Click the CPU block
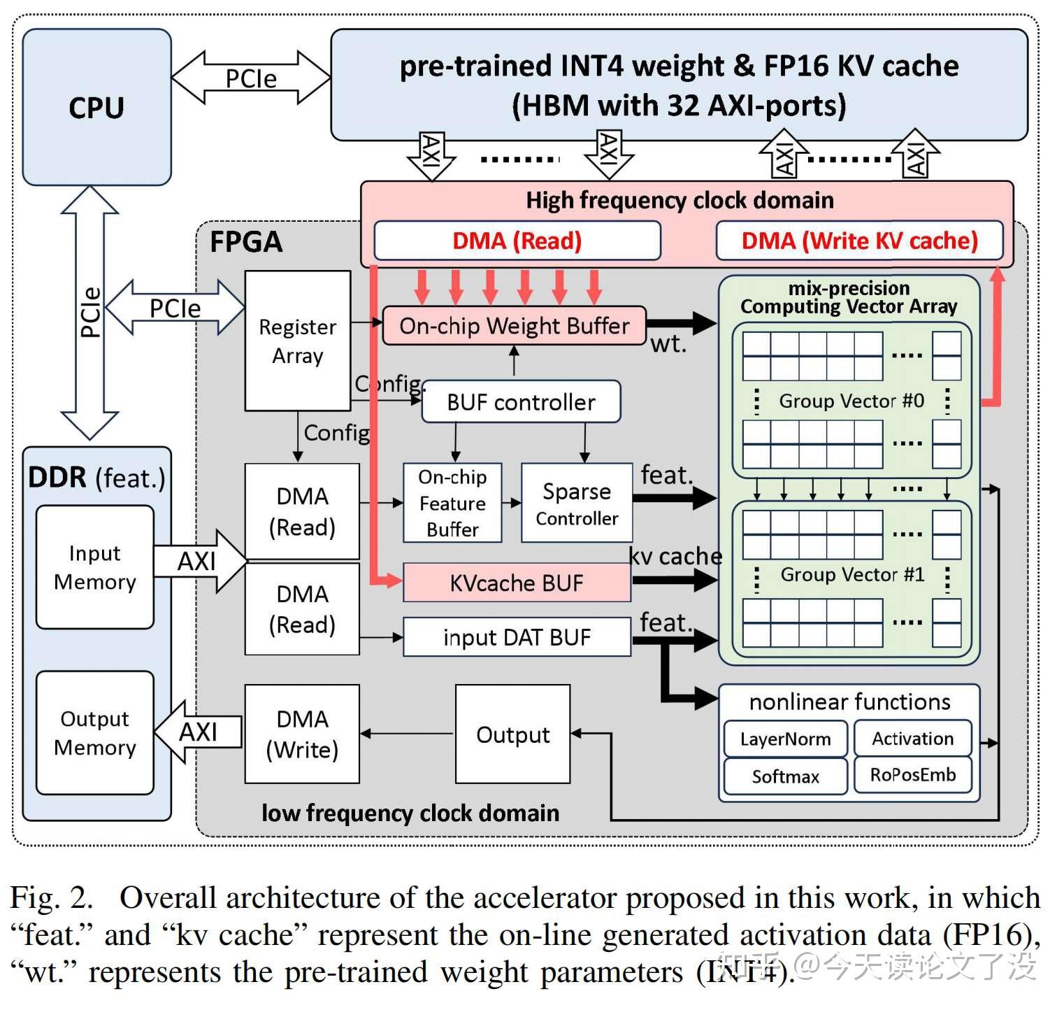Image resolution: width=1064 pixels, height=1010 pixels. click(96, 107)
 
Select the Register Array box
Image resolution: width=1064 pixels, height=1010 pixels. click(297, 341)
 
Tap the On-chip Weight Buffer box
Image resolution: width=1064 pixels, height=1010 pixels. click(514, 326)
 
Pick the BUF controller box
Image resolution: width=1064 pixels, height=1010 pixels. click(521, 402)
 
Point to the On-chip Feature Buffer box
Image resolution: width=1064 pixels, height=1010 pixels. click(452, 503)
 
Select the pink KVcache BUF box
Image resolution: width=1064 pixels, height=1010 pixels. click(517, 583)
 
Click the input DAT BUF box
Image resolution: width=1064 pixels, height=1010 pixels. click(517, 637)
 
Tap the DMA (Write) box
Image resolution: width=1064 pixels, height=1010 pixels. click(302, 734)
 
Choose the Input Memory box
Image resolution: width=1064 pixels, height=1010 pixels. click(95, 567)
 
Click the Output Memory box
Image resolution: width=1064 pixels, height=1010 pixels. click(95, 733)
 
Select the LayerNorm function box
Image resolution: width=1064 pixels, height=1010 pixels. click(785, 739)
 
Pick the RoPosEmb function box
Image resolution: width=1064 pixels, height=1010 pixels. click(912, 775)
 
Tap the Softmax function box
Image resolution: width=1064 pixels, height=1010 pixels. click(785, 776)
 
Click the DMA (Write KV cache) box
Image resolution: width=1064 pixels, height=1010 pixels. click(859, 241)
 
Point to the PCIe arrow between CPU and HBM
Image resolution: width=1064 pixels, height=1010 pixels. click(250, 78)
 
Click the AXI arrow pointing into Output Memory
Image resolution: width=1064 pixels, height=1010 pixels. click(198, 732)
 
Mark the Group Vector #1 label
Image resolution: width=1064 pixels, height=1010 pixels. click(852, 574)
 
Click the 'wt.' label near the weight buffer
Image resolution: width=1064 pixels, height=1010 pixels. click(668, 344)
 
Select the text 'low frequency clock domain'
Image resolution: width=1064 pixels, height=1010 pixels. click(410, 813)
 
